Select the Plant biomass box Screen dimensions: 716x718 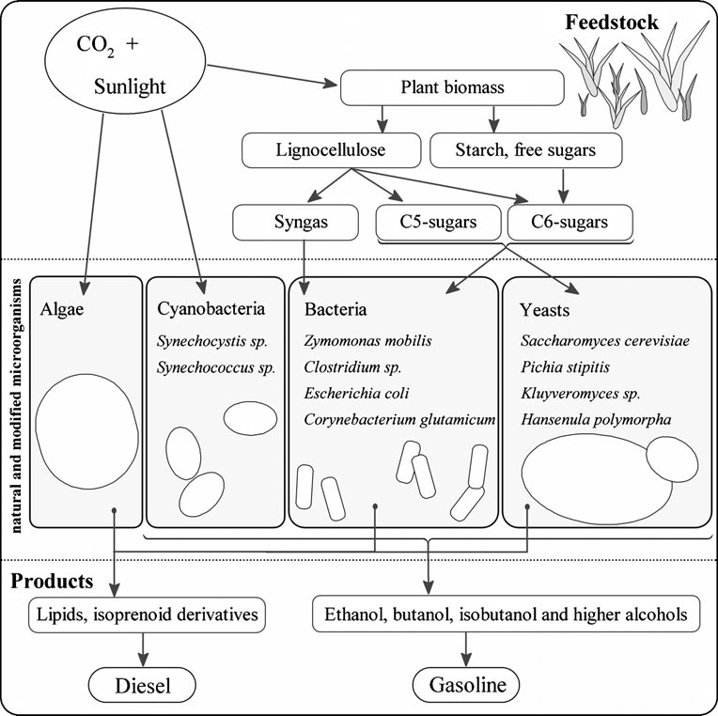453,89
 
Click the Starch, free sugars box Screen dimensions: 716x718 525,148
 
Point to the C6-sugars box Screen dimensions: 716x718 569,223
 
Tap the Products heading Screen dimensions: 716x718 52,581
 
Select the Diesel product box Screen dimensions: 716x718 143,685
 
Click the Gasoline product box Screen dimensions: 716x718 464,685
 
